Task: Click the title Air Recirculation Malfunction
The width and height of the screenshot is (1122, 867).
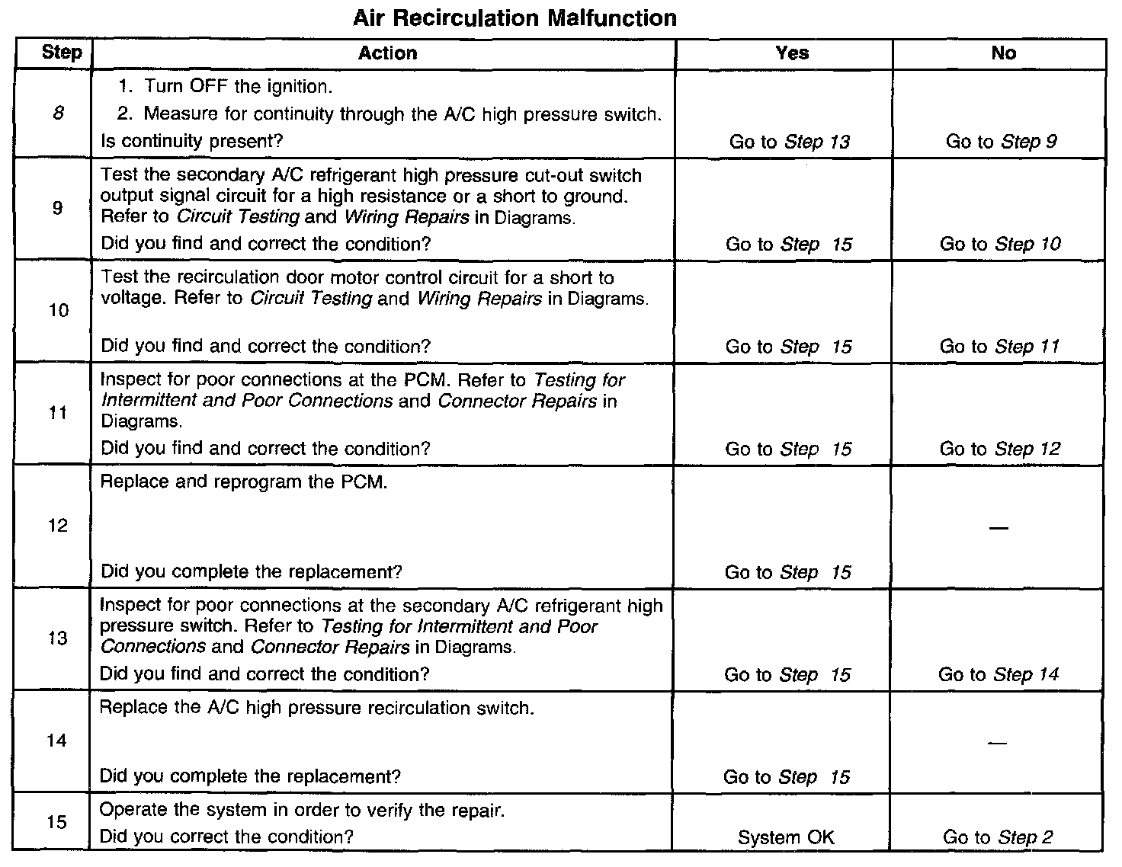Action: (x=515, y=18)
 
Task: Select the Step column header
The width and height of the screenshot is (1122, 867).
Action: (x=62, y=53)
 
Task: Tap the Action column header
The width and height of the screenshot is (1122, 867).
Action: (x=387, y=53)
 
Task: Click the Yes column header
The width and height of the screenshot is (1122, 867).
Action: (x=792, y=53)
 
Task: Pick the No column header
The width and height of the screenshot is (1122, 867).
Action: (x=1003, y=53)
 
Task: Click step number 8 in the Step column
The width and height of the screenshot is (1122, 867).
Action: (x=59, y=114)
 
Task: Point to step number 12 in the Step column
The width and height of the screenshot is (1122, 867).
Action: (x=58, y=526)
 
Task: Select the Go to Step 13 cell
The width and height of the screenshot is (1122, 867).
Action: (x=789, y=142)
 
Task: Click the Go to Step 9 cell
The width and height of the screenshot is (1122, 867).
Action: (x=1001, y=142)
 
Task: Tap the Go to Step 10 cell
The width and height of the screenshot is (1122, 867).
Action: (x=999, y=245)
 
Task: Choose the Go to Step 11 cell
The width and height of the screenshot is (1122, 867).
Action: (x=999, y=347)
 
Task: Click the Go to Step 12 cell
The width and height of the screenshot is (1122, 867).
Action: (x=999, y=449)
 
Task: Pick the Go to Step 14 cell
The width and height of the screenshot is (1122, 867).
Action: (x=999, y=675)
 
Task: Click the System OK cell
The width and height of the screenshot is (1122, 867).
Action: (x=786, y=838)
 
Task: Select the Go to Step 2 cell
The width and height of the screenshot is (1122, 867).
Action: (x=998, y=838)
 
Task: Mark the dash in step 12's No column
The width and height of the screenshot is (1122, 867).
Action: (x=998, y=527)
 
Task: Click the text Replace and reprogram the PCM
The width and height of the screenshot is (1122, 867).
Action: (x=244, y=483)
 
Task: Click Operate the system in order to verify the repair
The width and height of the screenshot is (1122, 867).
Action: (x=302, y=811)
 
